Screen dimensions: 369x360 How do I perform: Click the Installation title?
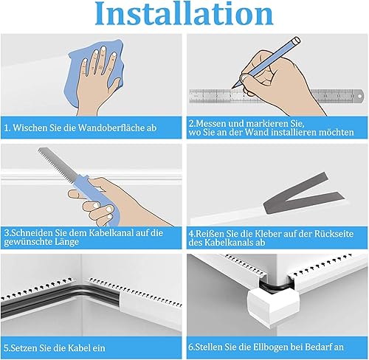[184, 13]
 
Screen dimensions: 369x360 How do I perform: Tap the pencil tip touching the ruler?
[232, 87]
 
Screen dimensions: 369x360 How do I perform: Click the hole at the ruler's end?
[360, 96]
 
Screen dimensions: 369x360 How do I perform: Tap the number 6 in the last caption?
[191, 347]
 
